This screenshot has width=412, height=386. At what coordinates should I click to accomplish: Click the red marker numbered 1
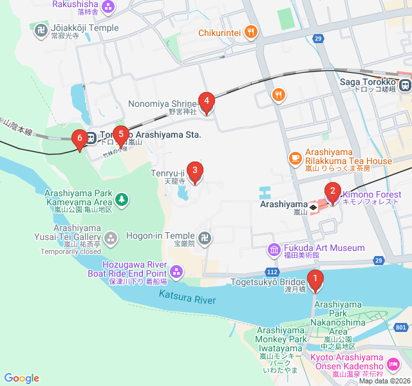pos(315,279)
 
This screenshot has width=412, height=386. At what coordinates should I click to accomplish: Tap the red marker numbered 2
pos(332,191)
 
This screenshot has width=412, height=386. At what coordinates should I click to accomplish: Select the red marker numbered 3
pos(195,170)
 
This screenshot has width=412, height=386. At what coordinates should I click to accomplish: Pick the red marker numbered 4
pos(206,101)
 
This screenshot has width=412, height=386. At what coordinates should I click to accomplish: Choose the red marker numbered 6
pos(80,138)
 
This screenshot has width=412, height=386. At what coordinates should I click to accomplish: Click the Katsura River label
pos(187,296)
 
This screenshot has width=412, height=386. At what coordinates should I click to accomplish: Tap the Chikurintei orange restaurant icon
pos(251,32)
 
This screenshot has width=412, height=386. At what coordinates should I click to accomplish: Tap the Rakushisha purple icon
pos(108,7)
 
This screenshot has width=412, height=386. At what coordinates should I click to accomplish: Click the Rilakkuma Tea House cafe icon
pos(295,157)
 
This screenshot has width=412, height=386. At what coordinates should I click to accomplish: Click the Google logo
pos(21,378)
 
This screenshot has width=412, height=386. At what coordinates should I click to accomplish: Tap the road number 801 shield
pos(401,327)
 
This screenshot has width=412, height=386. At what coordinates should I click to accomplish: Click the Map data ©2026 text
pos(384,381)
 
